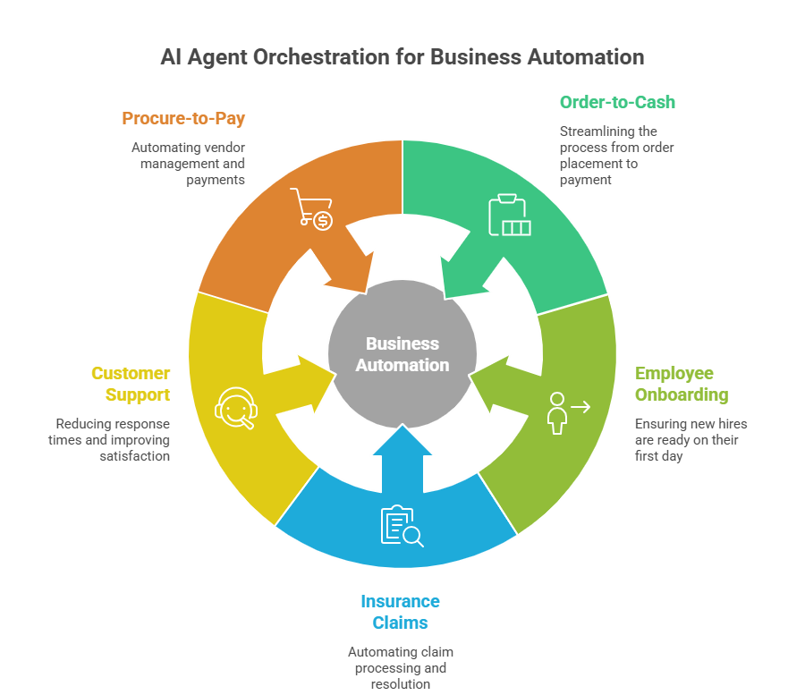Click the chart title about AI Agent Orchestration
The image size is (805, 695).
pos(402,57)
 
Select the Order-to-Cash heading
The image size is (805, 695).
pos(617,102)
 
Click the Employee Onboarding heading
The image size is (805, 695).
pos(681,384)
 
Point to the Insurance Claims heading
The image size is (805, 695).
pos(400,612)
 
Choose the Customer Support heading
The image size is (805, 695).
pos(131,384)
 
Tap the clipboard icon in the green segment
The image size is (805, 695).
pos(508,215)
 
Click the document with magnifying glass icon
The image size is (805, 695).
pos(402,526)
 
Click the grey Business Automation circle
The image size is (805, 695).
pos(402,354)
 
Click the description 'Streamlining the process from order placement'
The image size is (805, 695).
pos(616,156)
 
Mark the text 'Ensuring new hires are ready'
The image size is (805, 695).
pos(691,439)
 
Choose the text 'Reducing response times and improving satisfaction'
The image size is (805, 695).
pos(113,439)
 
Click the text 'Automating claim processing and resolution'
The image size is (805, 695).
pos(400,668)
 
